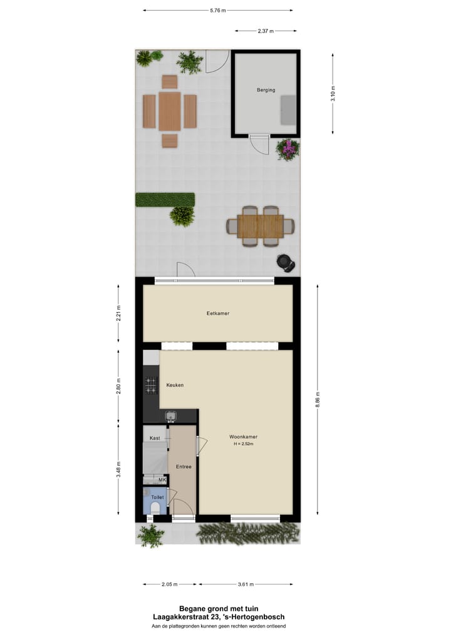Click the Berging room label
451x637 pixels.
(266, 90)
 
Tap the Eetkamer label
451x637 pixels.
(218, 313)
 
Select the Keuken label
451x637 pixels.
(175, 385)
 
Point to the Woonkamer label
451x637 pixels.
(244, 437)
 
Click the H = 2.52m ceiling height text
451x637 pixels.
(244, 444)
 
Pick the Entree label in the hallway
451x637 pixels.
(184, 466)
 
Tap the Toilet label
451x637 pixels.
(157, 497)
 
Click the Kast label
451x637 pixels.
(155, 438)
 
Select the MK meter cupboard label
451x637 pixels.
(162, 480)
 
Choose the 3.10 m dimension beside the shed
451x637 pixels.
(333, 93)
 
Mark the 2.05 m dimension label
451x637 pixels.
(169, 584)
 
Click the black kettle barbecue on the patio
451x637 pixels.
(286, 262)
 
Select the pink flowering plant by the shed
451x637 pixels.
(288, 150)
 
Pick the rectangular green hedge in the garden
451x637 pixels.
(165, 200)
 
